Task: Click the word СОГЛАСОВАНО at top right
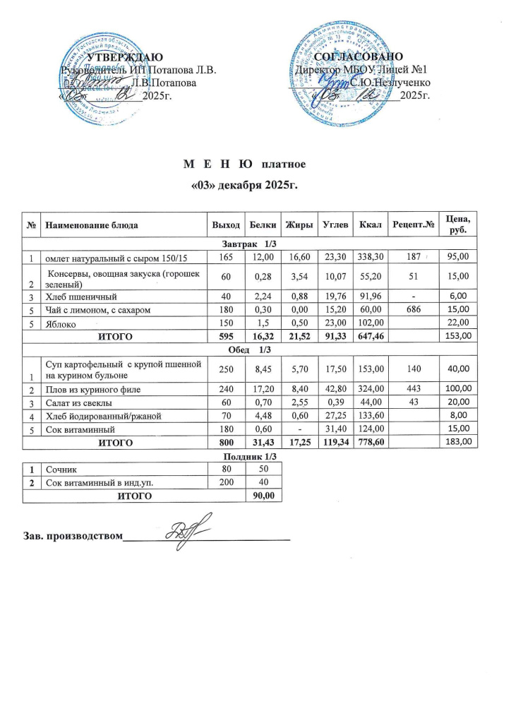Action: pos(359,56)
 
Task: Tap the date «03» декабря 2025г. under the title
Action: pos(245,186)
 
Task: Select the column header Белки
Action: pos(263,225)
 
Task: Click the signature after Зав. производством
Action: pos(185,532)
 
